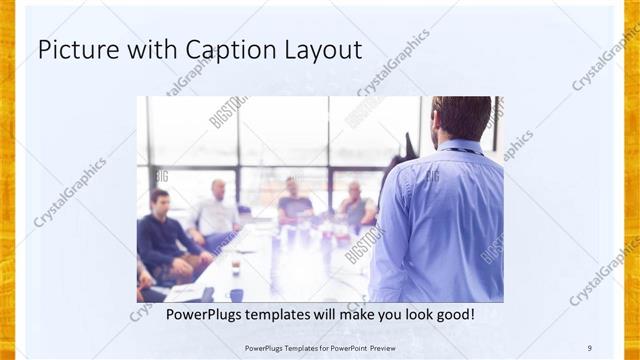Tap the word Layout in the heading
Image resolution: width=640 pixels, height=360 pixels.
pos(320,49)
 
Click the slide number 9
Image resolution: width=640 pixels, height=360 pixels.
pos(590,347)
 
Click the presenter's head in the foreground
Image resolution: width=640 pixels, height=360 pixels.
pos(462,116)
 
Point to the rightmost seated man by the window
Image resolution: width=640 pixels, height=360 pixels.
pos(355,205)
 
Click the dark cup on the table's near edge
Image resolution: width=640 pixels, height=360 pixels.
pos(236,294)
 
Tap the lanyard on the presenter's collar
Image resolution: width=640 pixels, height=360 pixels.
pos(462,151)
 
